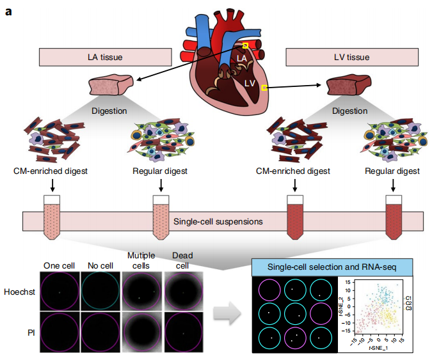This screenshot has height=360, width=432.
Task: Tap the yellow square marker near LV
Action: [264, 89]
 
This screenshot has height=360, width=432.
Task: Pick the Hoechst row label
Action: [19, 291]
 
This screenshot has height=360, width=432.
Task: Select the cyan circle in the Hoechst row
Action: [100, 291]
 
